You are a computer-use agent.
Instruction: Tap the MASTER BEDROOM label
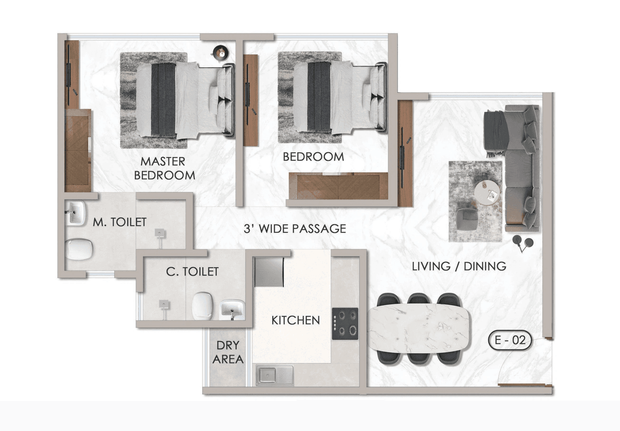[x=164, y=168]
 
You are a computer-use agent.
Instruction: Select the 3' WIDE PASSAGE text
[x=294, y=228]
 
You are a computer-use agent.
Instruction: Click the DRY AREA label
[x=228, y=352]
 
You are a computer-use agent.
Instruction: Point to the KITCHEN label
[x=295, y=320]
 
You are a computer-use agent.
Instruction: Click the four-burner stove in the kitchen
[x=345, y=323]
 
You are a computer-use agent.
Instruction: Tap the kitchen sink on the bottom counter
[x=275, y=375]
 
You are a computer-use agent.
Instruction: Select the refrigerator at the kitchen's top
[x=269, y=271]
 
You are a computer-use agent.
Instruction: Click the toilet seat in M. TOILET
[x=79, y=250]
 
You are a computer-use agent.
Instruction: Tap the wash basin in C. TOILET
[x=232, y=309]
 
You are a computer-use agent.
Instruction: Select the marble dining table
[x=418, y=327]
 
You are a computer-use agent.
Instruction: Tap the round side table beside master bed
[x=221, y=52]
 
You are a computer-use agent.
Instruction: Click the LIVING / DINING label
[x=459, y=266]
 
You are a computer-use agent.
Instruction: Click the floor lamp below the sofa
[x=522, y=243]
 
